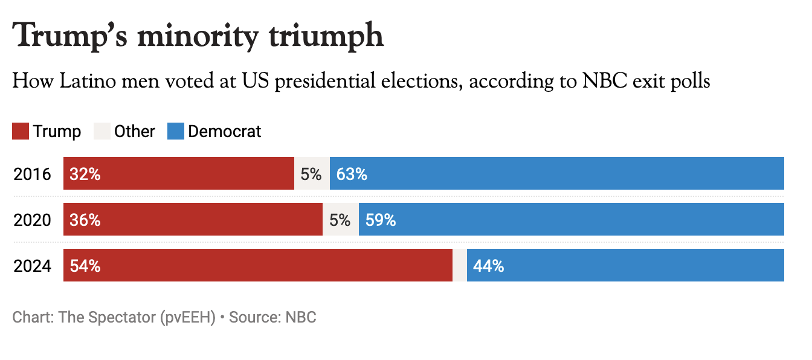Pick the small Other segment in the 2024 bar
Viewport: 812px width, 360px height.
[460, 266]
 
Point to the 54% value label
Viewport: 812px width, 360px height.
[85, 266]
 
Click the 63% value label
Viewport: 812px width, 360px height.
[352, 174]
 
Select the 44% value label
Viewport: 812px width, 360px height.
[489, 266]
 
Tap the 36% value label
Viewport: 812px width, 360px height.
[85, 220]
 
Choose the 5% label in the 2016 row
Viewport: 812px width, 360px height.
[311, 174]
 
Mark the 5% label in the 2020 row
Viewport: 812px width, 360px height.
[340, 220]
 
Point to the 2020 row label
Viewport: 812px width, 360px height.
[33, 220]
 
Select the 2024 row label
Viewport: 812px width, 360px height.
[33, 266]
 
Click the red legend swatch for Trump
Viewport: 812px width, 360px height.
[21, 131]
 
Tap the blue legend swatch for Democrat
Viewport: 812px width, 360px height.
[175, 131]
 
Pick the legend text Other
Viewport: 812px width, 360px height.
[135, 131]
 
